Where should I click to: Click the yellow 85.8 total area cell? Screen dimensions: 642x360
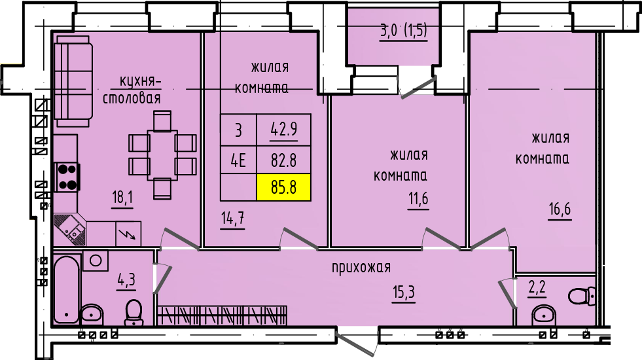(283, 187)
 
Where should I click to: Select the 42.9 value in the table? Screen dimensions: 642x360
(284, 130)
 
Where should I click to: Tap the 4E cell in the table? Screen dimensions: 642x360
(238, 160)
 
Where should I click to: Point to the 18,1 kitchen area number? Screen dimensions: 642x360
(122, 198)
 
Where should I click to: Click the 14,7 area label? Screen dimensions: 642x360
(232, 219)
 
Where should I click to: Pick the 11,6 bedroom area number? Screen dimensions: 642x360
(418, 200)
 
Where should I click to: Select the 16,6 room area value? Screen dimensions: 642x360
(560, 210)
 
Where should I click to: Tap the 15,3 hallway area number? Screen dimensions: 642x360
(404, 293)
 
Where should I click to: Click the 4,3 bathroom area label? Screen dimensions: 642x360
(126, 281)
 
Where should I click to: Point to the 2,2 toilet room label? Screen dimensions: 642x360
(537, 289)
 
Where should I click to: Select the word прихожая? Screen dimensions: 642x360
(361, 268)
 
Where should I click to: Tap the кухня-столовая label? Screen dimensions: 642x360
(132, 90)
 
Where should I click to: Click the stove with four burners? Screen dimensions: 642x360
(67, 177)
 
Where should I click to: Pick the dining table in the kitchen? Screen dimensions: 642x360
(162, 155)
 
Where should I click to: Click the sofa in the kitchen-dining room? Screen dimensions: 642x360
(73, 81)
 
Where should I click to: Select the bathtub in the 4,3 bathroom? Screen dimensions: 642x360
(66, 289)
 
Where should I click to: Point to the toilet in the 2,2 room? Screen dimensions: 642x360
(582, 295)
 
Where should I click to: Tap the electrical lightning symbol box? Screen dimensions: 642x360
(128, 234)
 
